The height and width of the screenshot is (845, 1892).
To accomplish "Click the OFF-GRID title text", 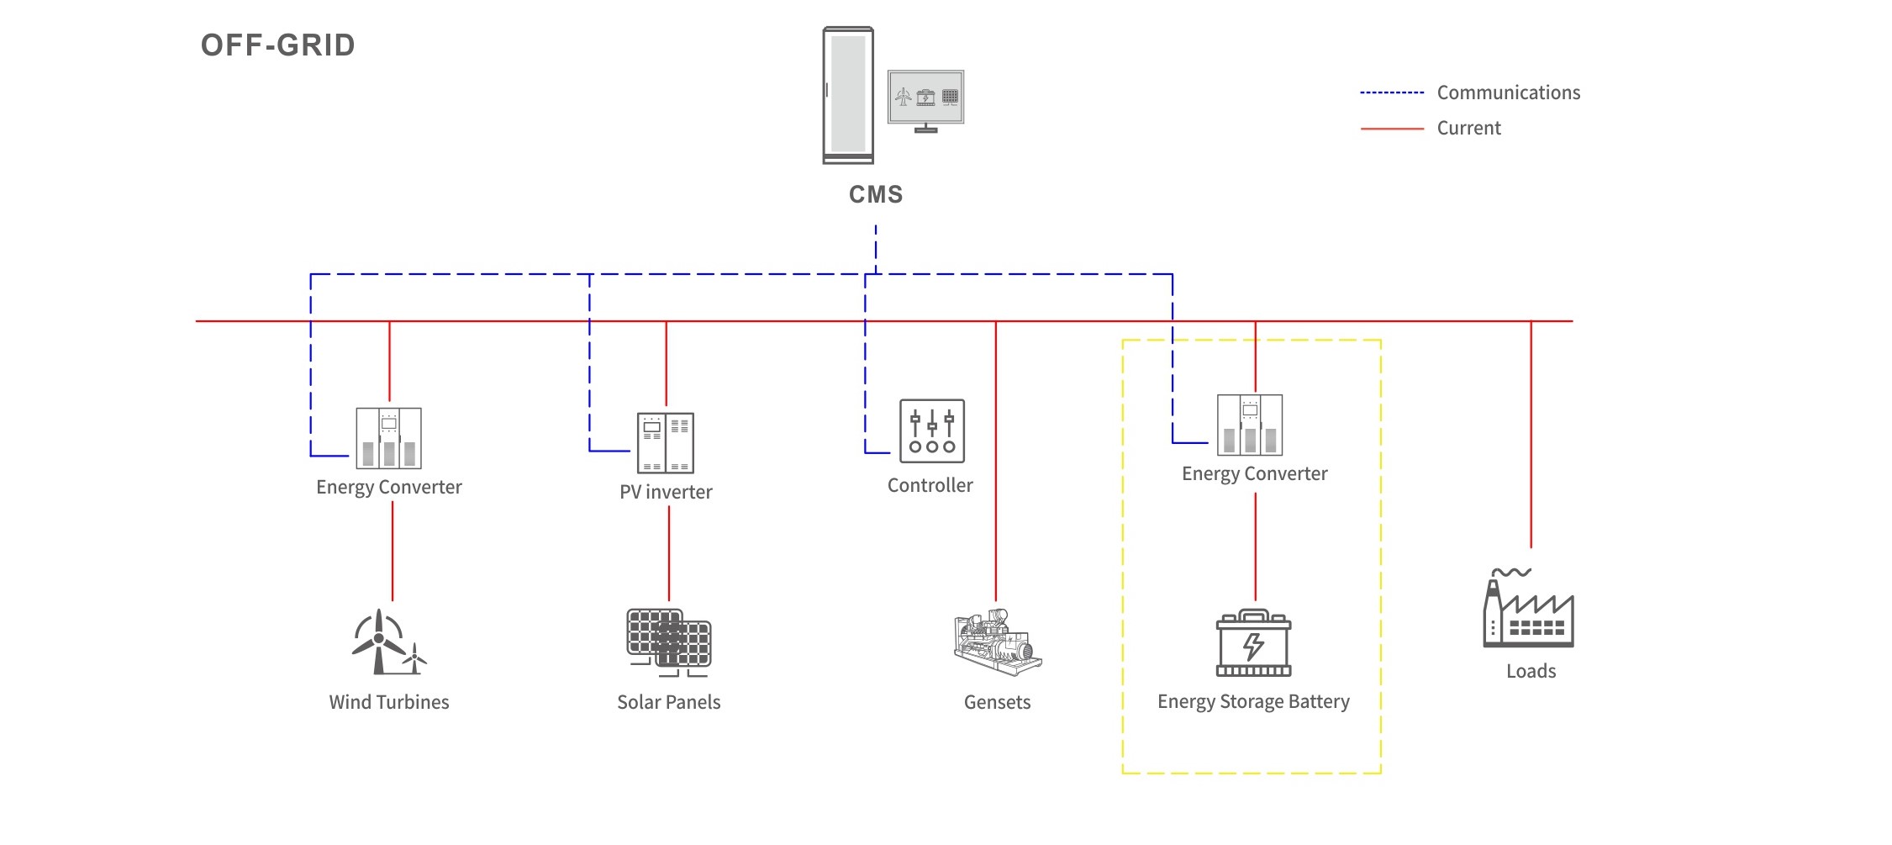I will pyautogui.click(x=277, y=45).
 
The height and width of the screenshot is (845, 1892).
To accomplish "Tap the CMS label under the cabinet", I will pyautogui.click(x=876, y=195).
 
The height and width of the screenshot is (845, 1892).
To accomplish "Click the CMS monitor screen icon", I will pyautogui.click(x=925, y=99).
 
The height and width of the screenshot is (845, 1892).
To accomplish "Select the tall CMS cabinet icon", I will pyautogui.click(x=848, y=95).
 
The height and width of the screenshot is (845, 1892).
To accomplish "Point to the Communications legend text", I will pyautogui.click(x=1508, y=92).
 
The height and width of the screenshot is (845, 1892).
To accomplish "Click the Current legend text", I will pyautogui.click(x=1468, y=129).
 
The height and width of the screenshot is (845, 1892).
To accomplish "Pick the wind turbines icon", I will pyautogui.click(x=387, y=642).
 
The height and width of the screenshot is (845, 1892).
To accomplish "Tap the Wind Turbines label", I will pyautogui.click(x=389, y=702).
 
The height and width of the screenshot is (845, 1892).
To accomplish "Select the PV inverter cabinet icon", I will pyautogui.click(x=666, y=442).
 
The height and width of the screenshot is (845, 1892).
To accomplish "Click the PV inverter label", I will pyautogui.click(x=666, y=492).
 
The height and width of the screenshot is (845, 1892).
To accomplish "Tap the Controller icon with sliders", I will pyautogui.click(x=931, y=430).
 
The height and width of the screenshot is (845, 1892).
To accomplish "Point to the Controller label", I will pyautogui.click(x=930, y=485).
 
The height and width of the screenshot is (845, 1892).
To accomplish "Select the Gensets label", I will pyautogui.click(x=997, y=702).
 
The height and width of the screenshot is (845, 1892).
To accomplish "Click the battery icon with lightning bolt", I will pyautogui.click(x=1253, y=643).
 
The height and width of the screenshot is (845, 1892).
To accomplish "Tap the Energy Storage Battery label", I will pyautogui.click(x=1253, y=701).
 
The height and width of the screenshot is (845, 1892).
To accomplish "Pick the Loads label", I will pyautogui.click(x=1531, y=671).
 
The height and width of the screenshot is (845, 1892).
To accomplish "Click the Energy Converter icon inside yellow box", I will pyautogui.click(x=1250, y=425).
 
